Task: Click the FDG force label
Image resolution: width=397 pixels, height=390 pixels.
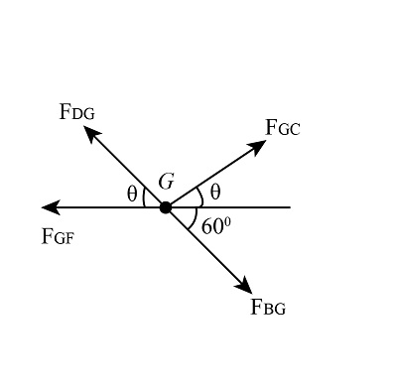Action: click(76, 112)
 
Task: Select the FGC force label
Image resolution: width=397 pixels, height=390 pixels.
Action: click(283, 128)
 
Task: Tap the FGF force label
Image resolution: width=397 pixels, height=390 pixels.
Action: click(58, 236)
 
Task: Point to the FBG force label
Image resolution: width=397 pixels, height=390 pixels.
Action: click(268, 308)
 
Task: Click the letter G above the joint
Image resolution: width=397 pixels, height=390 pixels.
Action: click(166, 182)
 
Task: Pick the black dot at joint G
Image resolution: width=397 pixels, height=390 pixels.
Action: click(166, 207)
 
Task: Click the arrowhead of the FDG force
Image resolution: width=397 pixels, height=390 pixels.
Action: click(90, 132)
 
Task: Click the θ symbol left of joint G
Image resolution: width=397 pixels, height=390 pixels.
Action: click(132, 195)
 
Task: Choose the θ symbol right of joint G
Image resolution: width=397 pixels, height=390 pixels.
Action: click(215, 192)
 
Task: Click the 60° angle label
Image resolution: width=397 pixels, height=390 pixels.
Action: click(215, 226)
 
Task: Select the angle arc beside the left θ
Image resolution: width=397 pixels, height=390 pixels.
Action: click(145, 198)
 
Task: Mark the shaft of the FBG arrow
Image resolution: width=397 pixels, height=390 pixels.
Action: click(206, 248)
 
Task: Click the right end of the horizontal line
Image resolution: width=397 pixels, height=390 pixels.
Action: click(289, 207)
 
